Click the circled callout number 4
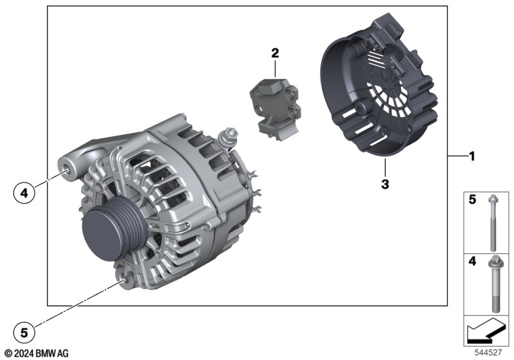click(x=24, y=193)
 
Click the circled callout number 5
click(x=24, y=333)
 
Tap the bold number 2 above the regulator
click(x=275, y=53)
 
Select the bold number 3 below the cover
click(x=385, y=184)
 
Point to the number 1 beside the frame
click(x=472, y=156)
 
